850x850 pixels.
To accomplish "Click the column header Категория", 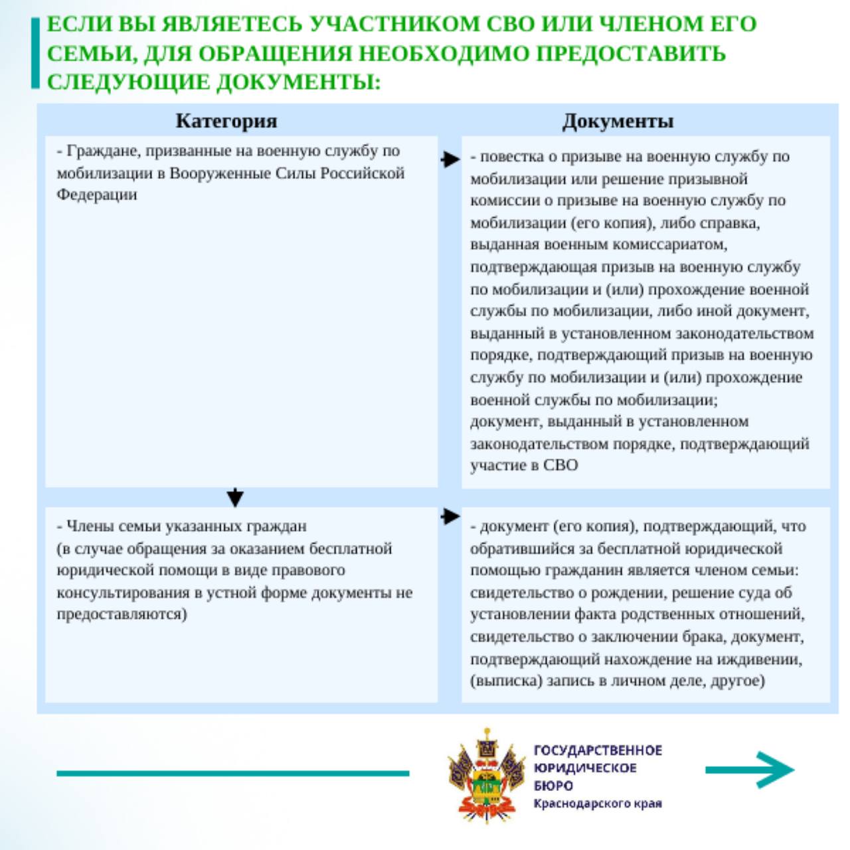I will [x=226, y=121].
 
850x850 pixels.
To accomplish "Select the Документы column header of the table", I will [x=618, y=121].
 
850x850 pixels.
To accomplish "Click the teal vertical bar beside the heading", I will [x=35, y=53].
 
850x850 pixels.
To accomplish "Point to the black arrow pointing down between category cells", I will [x=235, y=497].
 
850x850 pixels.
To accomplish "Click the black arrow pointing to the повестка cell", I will [x=450, y=159].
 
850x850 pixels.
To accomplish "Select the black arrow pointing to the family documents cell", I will [x=450, y=516].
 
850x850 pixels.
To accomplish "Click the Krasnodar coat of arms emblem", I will [x=487, y=776].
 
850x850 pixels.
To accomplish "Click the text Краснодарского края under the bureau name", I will [x=598, y=804].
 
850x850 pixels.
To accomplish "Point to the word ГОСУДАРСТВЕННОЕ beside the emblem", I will [x=598, y=750].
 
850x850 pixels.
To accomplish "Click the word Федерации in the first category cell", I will [x=97, y=195].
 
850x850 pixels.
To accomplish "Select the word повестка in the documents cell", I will [x=507, y=157].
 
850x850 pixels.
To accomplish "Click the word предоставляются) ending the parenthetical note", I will [x=122, y=614].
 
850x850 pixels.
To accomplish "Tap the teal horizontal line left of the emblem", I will [x=232, y=773].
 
